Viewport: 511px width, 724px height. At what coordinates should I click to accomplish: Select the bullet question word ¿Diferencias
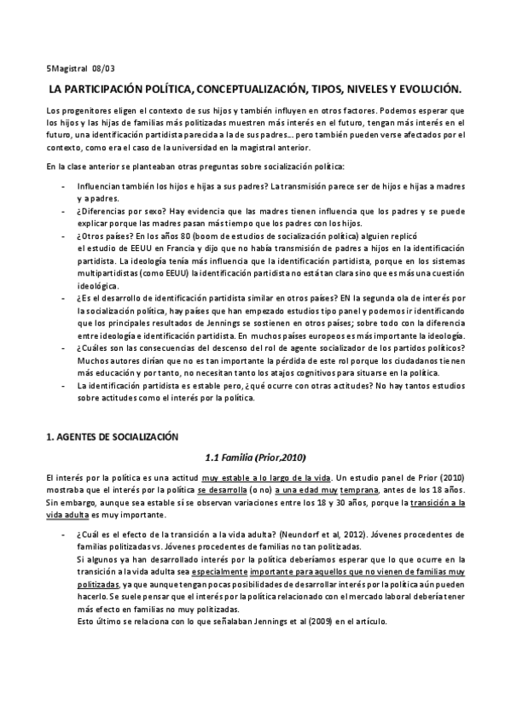[x=103, y=216]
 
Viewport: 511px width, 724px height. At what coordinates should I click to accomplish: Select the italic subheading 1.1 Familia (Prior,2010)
[x=256, y=456]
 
